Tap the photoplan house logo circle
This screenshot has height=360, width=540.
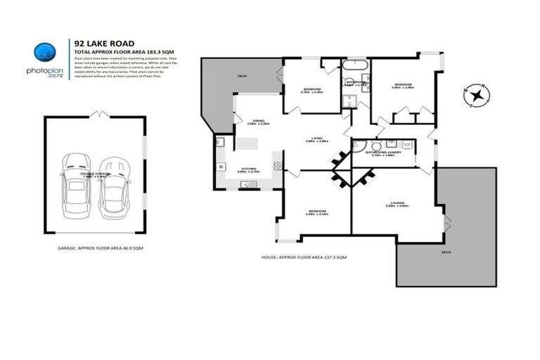[x=45, y=51]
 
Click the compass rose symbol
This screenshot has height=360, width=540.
[x=477, y=95]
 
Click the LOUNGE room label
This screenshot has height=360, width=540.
[x=398, y=203]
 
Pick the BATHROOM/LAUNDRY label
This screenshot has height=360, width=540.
[x=384, y=152]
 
